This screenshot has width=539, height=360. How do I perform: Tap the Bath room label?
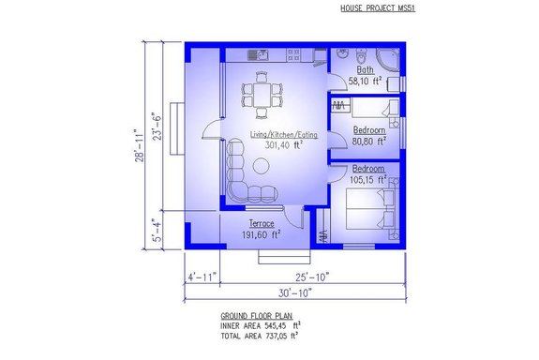pos(366,69)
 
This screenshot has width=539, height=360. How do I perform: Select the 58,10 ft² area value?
pos(368,82)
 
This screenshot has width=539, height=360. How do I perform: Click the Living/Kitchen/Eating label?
pos(284,135)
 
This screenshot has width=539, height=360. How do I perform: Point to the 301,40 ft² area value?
pos(282,145)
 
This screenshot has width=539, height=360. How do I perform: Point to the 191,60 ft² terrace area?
pos(262,235)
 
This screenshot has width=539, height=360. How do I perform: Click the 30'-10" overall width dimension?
pos(292,293)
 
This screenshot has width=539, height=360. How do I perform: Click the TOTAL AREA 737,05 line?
pos(260,335)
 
